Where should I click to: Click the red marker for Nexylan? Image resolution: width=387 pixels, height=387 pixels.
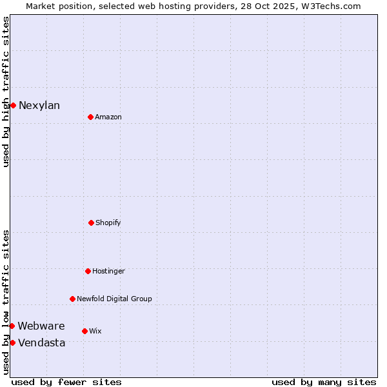tap(13, 105)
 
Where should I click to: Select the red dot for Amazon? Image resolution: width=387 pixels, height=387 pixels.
tap(90, 117)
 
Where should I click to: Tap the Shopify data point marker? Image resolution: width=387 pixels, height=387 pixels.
tap(91, 223)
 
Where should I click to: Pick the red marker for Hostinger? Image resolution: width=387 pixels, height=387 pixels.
tap(88, 271)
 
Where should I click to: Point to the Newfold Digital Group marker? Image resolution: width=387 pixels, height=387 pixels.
tap(72, 299)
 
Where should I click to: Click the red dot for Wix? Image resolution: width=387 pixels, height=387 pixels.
tap(84, 331)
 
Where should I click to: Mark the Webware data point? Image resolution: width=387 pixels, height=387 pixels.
tap(12, 326)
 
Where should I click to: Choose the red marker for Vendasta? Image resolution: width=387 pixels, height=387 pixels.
tap(12, 342)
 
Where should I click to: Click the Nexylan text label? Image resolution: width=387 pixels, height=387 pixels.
tap(39, 106)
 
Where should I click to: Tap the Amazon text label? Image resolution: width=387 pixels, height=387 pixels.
tap(108, 117)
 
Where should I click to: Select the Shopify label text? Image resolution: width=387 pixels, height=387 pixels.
tap(108, 223)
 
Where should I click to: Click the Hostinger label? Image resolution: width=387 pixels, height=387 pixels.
tap(108, 271)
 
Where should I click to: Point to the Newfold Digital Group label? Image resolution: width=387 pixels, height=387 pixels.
tap(114, 299)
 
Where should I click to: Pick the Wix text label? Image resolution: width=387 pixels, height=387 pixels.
tap(95, 331)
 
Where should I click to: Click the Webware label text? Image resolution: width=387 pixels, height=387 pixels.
tap(41, 326)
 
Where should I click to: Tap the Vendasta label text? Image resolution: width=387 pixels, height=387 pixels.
tap(42, 342)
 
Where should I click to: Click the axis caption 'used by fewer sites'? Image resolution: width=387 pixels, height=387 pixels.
tap(66, 382)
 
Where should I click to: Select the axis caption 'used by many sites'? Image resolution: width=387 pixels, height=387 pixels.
tap(324, 382)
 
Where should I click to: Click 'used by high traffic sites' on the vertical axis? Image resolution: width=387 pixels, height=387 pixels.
tap(6, 92)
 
